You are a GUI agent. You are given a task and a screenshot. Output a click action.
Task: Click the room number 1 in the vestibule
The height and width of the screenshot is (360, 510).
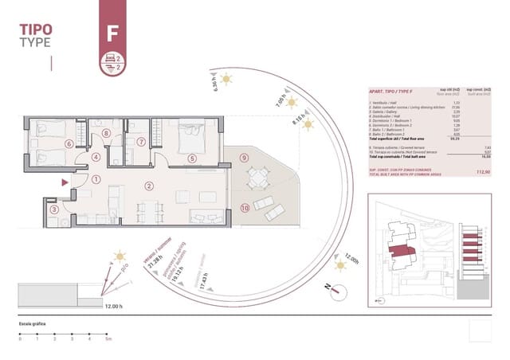tap(96, 179)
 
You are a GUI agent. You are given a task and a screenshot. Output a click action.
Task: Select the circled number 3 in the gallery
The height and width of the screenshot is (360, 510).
tap(53, 209)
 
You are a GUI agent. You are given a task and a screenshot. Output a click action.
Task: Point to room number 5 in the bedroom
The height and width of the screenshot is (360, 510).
tap(191, 158)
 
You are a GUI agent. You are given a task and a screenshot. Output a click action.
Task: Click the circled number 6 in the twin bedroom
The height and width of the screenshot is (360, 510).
tap(46, 144)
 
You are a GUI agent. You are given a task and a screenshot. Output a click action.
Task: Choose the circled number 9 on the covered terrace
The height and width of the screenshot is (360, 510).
tap(244, 158)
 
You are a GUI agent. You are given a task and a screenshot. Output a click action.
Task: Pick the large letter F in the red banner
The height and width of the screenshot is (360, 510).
tap(111, 33)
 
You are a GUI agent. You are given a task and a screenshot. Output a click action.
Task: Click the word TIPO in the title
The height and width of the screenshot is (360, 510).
tap(37, 29)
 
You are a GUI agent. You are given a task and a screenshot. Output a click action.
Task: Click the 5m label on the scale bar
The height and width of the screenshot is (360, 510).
tap(108, 339)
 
